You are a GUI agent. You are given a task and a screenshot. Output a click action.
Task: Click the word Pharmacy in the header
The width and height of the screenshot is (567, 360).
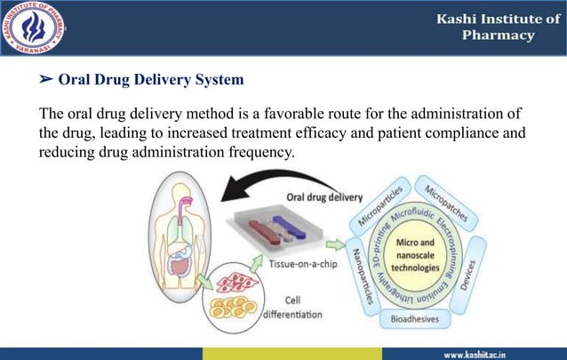click(499, 36)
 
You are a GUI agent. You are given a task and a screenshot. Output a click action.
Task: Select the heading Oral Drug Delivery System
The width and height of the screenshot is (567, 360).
click(150, 81)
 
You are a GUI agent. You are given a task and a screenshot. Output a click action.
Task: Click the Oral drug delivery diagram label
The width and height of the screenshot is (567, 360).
click(318, 197)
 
